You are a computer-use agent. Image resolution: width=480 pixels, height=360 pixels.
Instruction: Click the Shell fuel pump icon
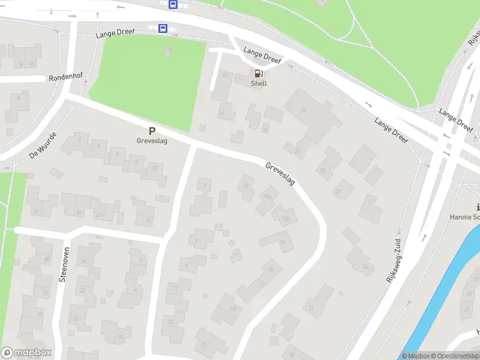coord(259,73)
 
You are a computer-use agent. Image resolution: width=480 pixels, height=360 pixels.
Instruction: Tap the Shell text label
coord(259,83)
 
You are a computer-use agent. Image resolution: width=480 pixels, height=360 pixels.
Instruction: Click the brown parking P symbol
coord(152,131)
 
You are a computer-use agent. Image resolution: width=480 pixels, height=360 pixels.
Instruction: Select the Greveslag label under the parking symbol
coord(151,142)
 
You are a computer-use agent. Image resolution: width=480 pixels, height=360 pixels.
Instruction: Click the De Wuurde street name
coord(42,146)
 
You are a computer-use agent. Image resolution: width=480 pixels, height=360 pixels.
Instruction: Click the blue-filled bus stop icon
coord(163,28)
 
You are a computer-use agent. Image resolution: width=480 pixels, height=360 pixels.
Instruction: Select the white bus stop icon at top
coord(173,5)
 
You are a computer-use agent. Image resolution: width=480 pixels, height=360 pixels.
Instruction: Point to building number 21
coord(304,110)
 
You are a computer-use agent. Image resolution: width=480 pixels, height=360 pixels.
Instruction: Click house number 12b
coord(286,218)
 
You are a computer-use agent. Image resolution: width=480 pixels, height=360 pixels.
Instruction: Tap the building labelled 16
coord(271,269)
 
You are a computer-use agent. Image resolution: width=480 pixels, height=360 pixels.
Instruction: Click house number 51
coord(148,221)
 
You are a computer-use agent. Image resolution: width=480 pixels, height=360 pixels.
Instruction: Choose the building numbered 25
coord(323,170)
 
